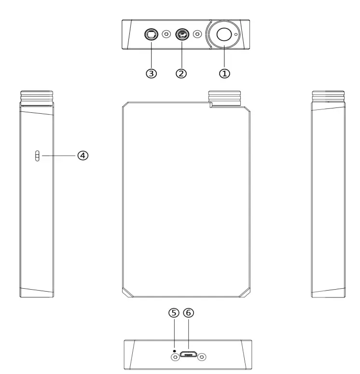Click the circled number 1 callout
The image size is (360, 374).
pos(225,74)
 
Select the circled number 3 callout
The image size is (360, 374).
pos(152,74)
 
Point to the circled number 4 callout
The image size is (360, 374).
pos(83,156)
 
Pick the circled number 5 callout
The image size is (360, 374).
pos(174,313)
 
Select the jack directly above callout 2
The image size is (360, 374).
pos(182,34)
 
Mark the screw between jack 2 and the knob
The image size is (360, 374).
pos(197,34)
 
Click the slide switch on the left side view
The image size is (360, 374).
pos(37,156)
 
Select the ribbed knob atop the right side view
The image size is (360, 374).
pos(328,98)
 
